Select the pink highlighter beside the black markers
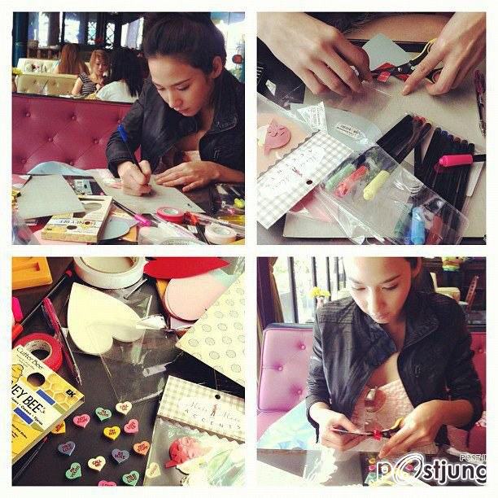456,159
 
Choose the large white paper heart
102,321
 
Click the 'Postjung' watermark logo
431,472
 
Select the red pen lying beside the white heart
61,333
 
